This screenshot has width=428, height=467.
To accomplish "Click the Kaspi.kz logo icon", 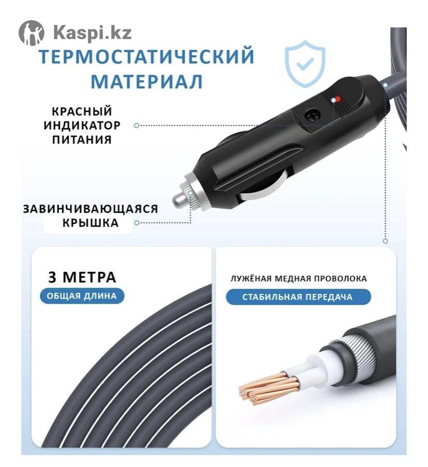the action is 32,33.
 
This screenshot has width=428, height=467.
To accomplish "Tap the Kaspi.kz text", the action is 93,33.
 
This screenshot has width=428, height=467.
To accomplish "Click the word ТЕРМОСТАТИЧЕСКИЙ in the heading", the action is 147,56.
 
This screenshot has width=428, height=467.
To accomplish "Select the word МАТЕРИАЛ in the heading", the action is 147,81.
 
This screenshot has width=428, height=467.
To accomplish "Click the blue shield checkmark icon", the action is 305,64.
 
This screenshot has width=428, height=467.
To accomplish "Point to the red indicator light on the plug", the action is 337,100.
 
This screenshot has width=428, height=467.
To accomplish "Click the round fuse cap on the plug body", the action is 312,115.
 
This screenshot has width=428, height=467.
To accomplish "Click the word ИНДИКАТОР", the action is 82,126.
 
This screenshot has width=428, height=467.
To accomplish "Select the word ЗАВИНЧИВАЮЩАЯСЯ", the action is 90,209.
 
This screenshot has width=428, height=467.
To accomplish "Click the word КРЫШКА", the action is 90,223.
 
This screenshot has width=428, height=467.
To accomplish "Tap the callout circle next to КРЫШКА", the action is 137,223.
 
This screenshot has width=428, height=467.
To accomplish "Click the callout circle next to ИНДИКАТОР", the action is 136,126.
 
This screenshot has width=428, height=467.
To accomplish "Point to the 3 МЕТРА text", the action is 82,277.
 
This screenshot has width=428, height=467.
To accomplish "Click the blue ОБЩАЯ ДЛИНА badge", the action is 82,296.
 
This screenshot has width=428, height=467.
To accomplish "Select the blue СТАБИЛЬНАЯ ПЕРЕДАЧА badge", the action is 298,297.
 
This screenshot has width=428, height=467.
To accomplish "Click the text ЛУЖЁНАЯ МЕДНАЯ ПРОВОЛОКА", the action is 298,278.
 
